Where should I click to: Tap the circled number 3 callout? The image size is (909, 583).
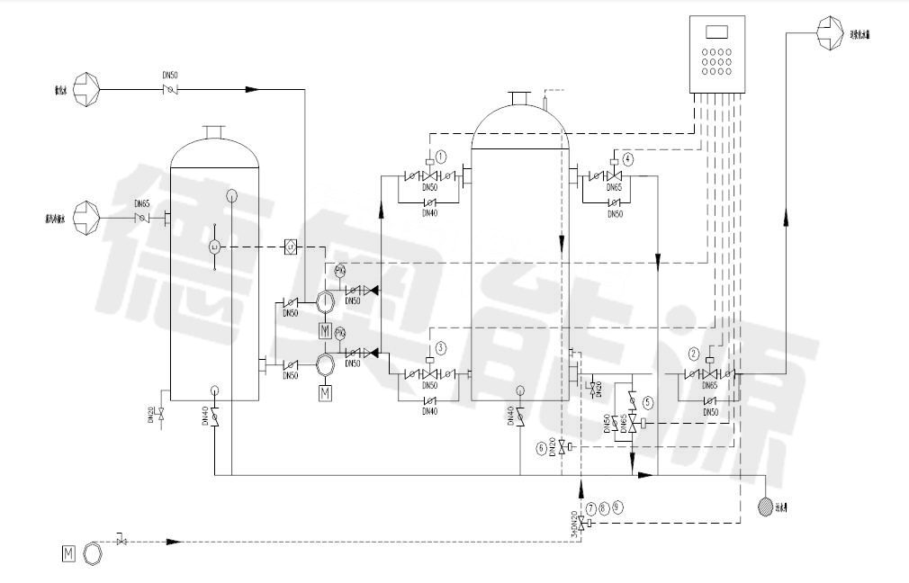point(440,347)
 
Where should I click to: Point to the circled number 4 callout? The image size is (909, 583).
point(627,158)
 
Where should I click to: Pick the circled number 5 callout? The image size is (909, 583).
point(647,403)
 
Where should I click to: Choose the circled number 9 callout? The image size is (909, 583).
point(616,507)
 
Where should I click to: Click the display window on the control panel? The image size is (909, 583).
point(717,31)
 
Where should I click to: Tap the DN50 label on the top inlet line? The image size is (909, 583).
point(169,76)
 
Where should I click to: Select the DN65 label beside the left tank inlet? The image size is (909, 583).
point(141,204)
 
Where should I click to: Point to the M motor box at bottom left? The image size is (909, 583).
point(67,552)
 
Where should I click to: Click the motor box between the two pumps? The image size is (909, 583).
point(326,331)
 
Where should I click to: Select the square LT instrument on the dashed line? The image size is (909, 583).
point(291,247)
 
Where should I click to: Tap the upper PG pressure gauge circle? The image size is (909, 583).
point(340,271)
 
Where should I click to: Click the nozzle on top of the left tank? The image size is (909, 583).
point(214,133)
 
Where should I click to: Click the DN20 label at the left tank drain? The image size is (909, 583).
point(151,415)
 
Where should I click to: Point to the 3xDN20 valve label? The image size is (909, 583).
point(573,523)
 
